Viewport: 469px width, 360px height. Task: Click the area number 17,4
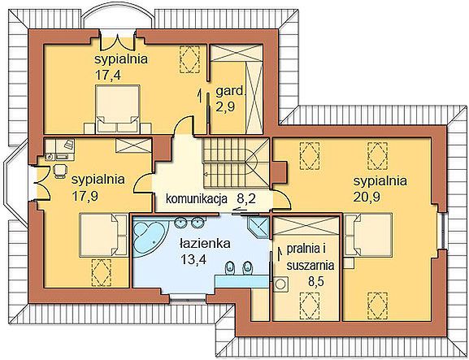pos(108,75)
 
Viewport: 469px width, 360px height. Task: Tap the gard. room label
pos(230,91)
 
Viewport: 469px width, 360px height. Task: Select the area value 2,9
pos(225,106)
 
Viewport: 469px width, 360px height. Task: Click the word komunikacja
pos(197,198)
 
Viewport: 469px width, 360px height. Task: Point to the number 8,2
pos(246,198)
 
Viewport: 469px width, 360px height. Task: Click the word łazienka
pos(205,243)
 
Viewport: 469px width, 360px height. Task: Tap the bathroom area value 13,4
pos(193,259)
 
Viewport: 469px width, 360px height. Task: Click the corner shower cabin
pos(258,228)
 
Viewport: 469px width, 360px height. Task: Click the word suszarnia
pos(310,265)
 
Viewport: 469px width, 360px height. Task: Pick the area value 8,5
pos(317,280)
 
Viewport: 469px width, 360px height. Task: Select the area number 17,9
pos(85,196)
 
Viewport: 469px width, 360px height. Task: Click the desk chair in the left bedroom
pos(60,171)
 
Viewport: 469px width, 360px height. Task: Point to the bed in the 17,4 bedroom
pos(118,109)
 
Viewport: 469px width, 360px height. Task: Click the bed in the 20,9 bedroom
pos(368,234)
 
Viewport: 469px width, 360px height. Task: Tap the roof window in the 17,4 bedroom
pos(189,59)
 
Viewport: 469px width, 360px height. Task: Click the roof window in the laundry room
pos(310,304)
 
